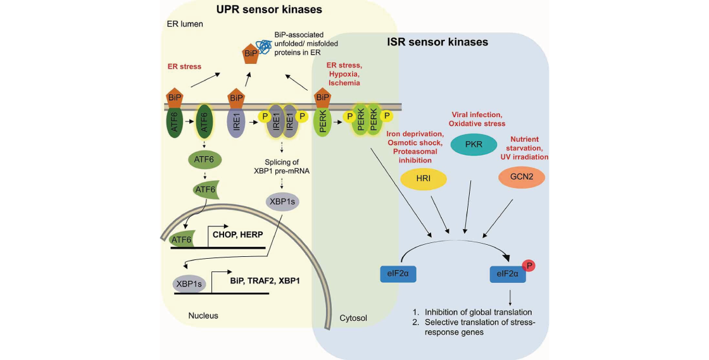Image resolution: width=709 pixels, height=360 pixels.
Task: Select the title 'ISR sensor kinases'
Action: (437, 43)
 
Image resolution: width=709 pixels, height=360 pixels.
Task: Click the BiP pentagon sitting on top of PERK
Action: (322, 96)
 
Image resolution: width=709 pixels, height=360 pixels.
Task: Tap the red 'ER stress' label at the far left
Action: (184, 66)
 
